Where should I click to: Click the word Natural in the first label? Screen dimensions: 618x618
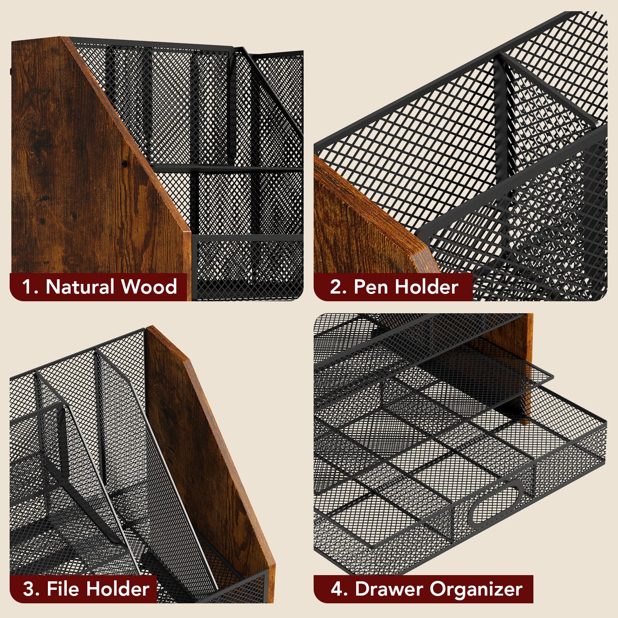(80, 287)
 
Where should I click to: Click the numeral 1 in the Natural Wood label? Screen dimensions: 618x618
(26, 287)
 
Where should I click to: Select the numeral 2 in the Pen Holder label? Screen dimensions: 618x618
(336, 287)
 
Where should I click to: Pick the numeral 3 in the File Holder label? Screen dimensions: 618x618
(29, 589)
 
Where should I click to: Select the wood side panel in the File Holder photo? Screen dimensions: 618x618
(209, 444)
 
